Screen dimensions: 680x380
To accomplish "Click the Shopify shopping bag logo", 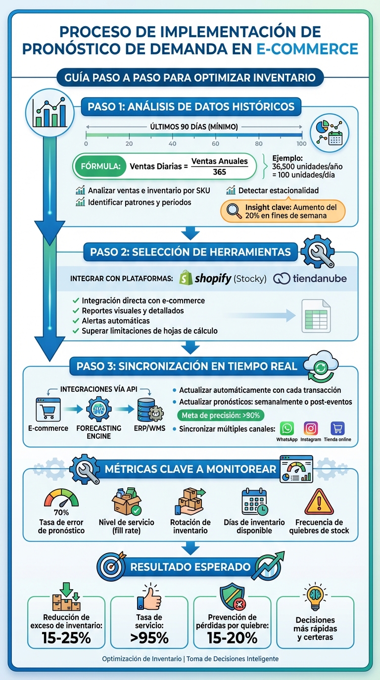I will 186,278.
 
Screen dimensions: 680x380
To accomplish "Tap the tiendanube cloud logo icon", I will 282,278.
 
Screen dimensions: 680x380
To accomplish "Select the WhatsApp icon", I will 287,428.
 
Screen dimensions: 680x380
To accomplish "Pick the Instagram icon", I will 311,428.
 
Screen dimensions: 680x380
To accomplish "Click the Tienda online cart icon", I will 337,428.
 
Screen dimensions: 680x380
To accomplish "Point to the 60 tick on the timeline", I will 216,143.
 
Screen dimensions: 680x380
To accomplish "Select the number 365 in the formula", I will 219,172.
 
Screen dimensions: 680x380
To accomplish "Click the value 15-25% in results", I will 66,637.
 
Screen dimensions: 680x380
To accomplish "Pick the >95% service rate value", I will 149,637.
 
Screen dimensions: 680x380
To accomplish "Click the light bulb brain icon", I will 315,598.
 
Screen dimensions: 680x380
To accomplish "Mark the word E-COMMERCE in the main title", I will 308,48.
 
